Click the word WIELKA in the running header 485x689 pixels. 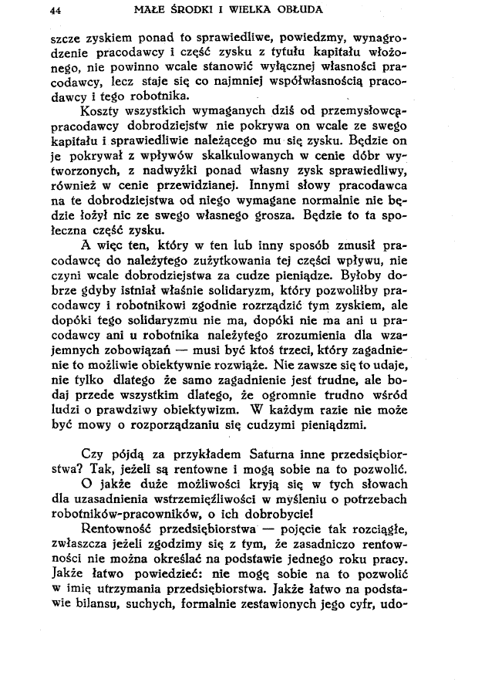(248, 11)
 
